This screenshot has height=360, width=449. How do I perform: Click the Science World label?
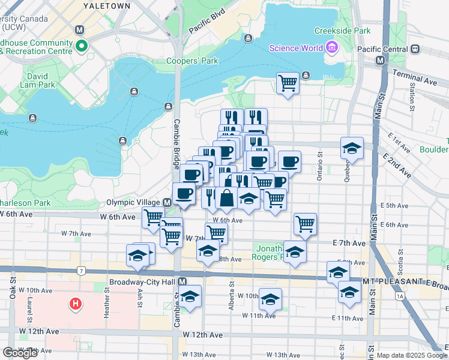click(x=295, y=49)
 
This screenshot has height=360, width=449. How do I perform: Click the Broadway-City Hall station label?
click(x=143, y=281)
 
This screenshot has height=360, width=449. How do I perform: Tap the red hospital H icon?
click(x=76, y=304)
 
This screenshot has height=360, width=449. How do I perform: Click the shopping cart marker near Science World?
click(x=288, y=82)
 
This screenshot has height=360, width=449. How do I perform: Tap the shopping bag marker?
click(x=227, y=197)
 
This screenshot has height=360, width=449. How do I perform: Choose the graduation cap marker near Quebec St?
click(x=352, y=147)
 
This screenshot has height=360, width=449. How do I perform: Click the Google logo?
click(x=20, y=353)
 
